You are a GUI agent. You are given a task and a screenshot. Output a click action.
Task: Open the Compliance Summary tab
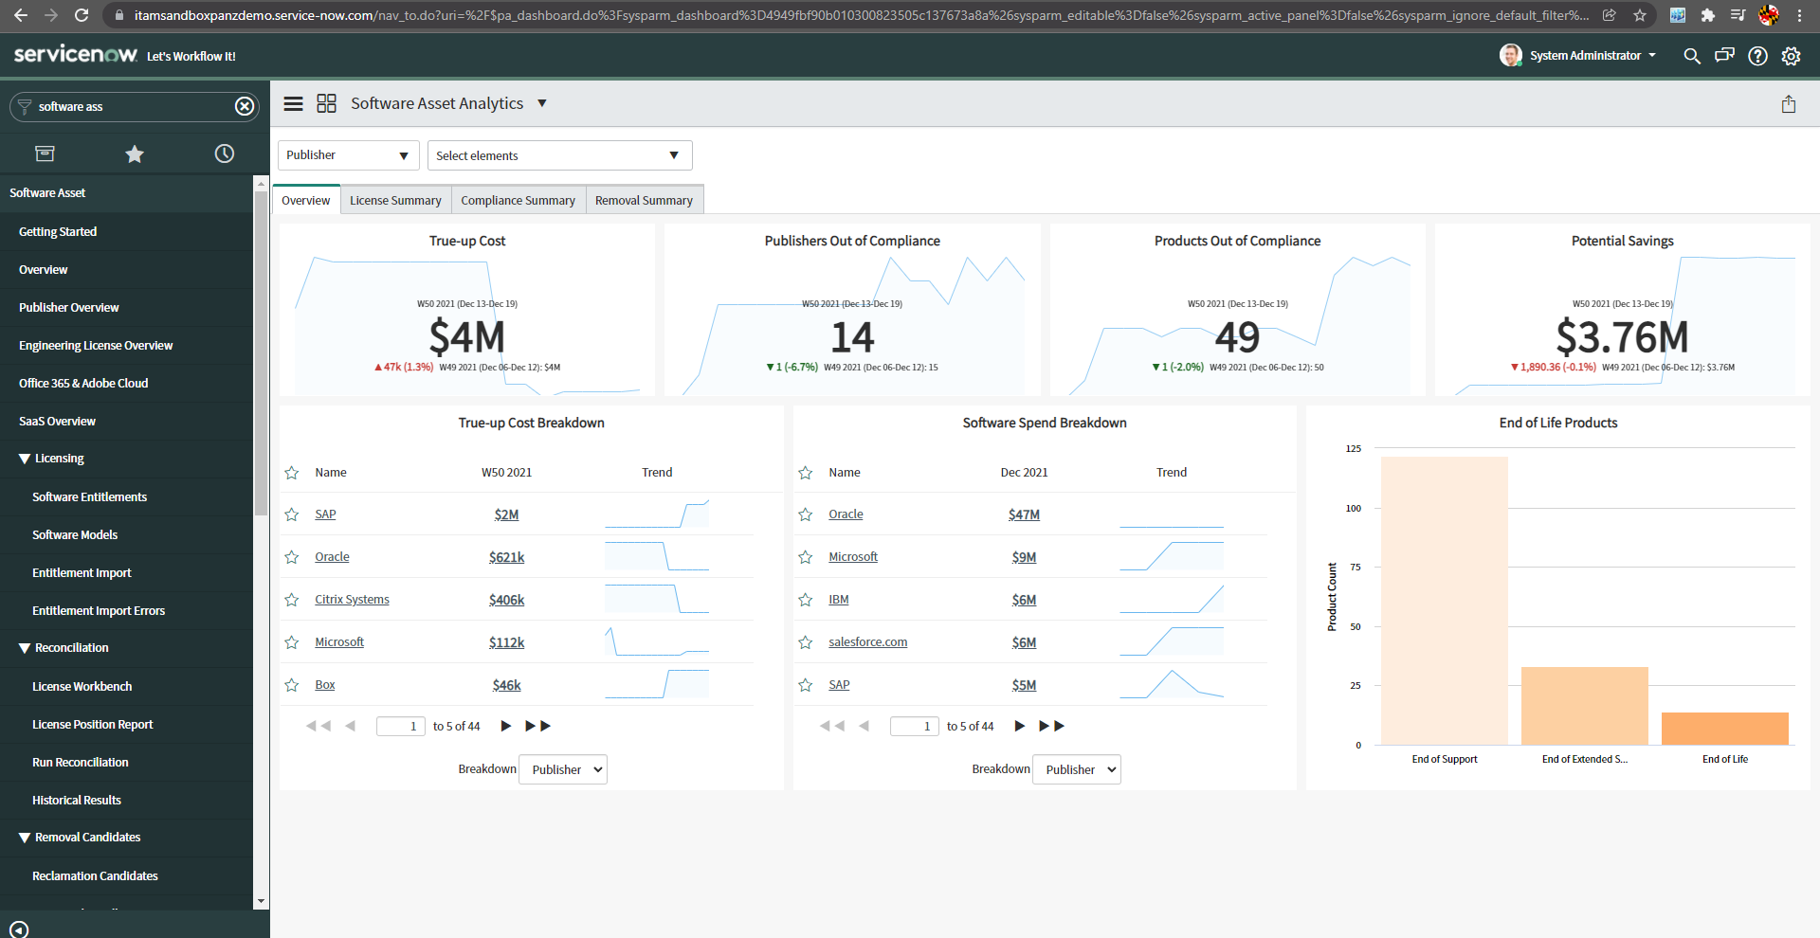pyautogui.click(x=518, y=200)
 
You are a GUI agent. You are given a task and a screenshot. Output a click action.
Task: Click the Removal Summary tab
pyautogui.click(x=644, y=200)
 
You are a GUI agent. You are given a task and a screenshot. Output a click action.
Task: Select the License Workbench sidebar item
pyautogui.click(x=82, y=686)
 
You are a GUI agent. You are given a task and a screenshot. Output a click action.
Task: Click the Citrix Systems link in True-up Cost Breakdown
pyautogui.click(x=352, y=600)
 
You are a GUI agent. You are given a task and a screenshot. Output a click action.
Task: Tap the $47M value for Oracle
pyautogui.click(x=1024, y=514)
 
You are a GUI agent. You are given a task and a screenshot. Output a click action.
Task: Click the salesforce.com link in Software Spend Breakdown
pyautogui.click(x=867, y=642)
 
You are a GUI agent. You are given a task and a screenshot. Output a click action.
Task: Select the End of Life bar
pyautogui.click(x=1724, y=729)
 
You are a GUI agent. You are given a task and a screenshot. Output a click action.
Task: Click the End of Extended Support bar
pyautogui.click(x=1584, y=706)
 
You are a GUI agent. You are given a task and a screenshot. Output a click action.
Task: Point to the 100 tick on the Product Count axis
pyautogui.click(x=1353, y=509)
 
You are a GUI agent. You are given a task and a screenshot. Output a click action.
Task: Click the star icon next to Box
pyautogui.click(x=292, y=685)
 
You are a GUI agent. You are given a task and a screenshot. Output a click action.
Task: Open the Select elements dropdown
pyautogui.click(x=559, y=155)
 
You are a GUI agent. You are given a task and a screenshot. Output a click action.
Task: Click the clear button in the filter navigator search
pyautogui.click(x=245, y=106)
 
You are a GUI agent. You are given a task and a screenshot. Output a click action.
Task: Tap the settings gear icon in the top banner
pyautogui.click(x=1791, y=56)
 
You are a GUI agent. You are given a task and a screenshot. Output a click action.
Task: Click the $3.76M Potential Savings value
pyautogui.click(x=1622, y=337)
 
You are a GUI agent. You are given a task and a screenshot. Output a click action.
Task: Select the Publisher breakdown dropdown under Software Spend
pyautogui.click(x=1076, y=769)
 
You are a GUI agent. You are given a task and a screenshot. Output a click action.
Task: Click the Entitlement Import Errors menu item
pyautogui.click(x=99, y=610)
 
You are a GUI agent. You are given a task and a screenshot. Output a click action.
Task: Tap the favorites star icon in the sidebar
pyautogui.click(x=135, y=153)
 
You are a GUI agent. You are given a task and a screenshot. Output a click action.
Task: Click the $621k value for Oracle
pyautogui.click(x=506, y=557)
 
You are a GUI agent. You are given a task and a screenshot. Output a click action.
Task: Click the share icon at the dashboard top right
pyautogui.click(x=1788, y=104)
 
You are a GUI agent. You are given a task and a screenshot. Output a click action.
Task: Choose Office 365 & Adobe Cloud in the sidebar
pyautogui.click(x=83, y=383)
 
